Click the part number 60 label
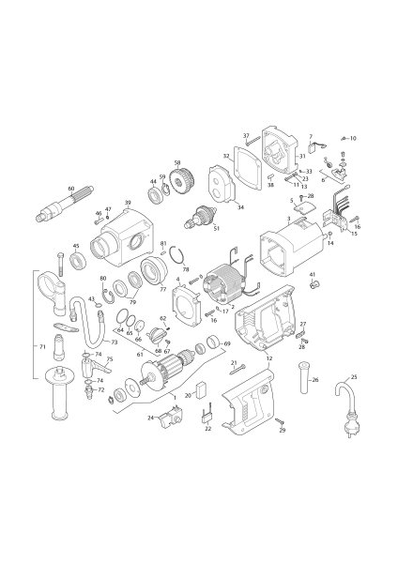tap(71, 189)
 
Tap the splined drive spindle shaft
tap(64, 204)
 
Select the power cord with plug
tap(345, 407)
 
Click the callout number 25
tap(354, 377)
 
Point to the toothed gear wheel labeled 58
tap(182, 183)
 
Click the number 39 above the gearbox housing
tap(128, 203)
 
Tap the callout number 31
tap(302, 156)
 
